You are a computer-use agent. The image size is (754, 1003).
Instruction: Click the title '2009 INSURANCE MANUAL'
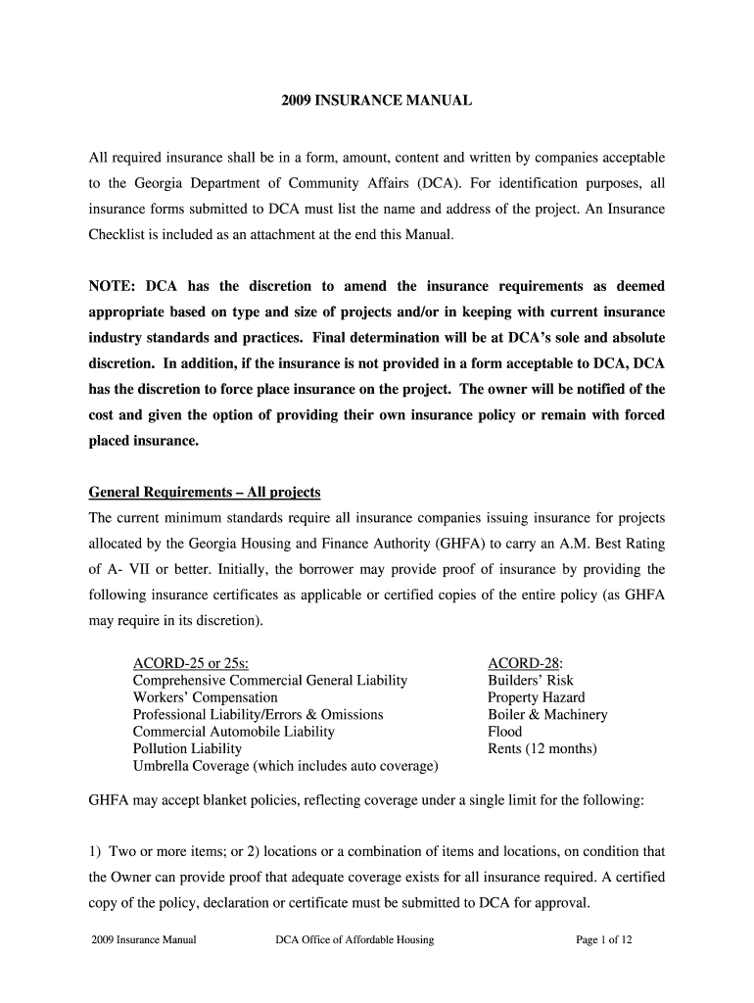click(377, 100)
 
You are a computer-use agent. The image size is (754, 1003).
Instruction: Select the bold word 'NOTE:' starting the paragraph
click(112, 286)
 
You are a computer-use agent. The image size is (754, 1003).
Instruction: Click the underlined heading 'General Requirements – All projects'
click(205, 492)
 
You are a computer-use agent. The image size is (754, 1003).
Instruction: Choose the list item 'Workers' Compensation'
click(205, 697)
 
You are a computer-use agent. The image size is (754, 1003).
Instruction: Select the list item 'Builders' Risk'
click(531, 680)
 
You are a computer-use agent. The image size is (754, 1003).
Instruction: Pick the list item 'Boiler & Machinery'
click(547, 714)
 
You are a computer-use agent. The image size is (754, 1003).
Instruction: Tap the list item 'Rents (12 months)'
click(542, 749)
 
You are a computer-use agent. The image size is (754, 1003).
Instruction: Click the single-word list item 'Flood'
click(505, 732)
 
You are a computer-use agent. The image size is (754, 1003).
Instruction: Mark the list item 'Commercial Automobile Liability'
click(233, 732)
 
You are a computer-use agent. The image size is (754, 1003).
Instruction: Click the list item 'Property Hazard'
click(536, 697)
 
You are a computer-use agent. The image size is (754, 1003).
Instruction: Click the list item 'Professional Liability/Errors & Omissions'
click(258, 714)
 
